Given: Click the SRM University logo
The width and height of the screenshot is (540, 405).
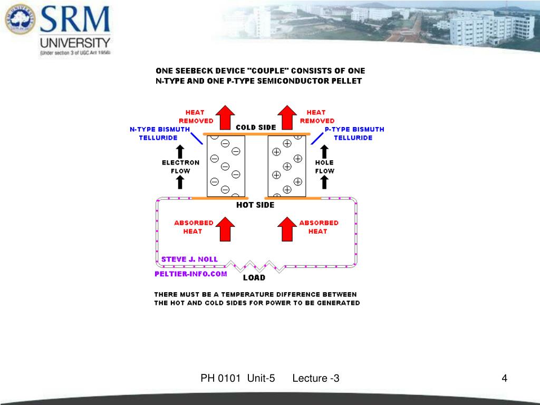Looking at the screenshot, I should (59, 29).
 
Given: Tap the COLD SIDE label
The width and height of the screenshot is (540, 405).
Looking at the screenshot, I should (256, 127).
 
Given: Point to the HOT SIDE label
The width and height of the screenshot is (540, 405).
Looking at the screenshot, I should (255, 205).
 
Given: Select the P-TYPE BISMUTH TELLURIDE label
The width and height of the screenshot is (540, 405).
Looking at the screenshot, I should (354, 133).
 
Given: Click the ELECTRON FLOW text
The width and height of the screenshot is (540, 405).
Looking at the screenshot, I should (180, 167).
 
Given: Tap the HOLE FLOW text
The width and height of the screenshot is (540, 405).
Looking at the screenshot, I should (324, 167).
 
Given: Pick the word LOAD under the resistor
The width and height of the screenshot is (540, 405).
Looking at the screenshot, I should (254, 277).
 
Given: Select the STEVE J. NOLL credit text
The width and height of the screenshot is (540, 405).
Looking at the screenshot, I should (189, 259).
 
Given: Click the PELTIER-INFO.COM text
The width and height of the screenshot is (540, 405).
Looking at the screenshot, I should (191, 274).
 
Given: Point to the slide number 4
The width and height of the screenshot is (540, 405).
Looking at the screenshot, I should (505, 378).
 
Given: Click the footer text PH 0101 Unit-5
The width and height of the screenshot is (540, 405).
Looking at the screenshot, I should (238, 378).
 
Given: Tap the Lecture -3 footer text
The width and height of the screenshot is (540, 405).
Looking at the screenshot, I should (316, 378).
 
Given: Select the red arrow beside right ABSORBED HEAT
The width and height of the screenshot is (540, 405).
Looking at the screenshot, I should (287, 228).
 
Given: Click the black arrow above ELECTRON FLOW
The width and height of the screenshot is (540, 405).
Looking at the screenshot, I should (180, 149).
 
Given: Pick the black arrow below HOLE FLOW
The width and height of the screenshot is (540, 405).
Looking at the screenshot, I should (324, 182).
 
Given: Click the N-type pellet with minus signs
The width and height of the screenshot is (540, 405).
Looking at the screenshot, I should (226, 166).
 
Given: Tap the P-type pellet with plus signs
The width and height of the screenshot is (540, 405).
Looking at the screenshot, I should (287, 166).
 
